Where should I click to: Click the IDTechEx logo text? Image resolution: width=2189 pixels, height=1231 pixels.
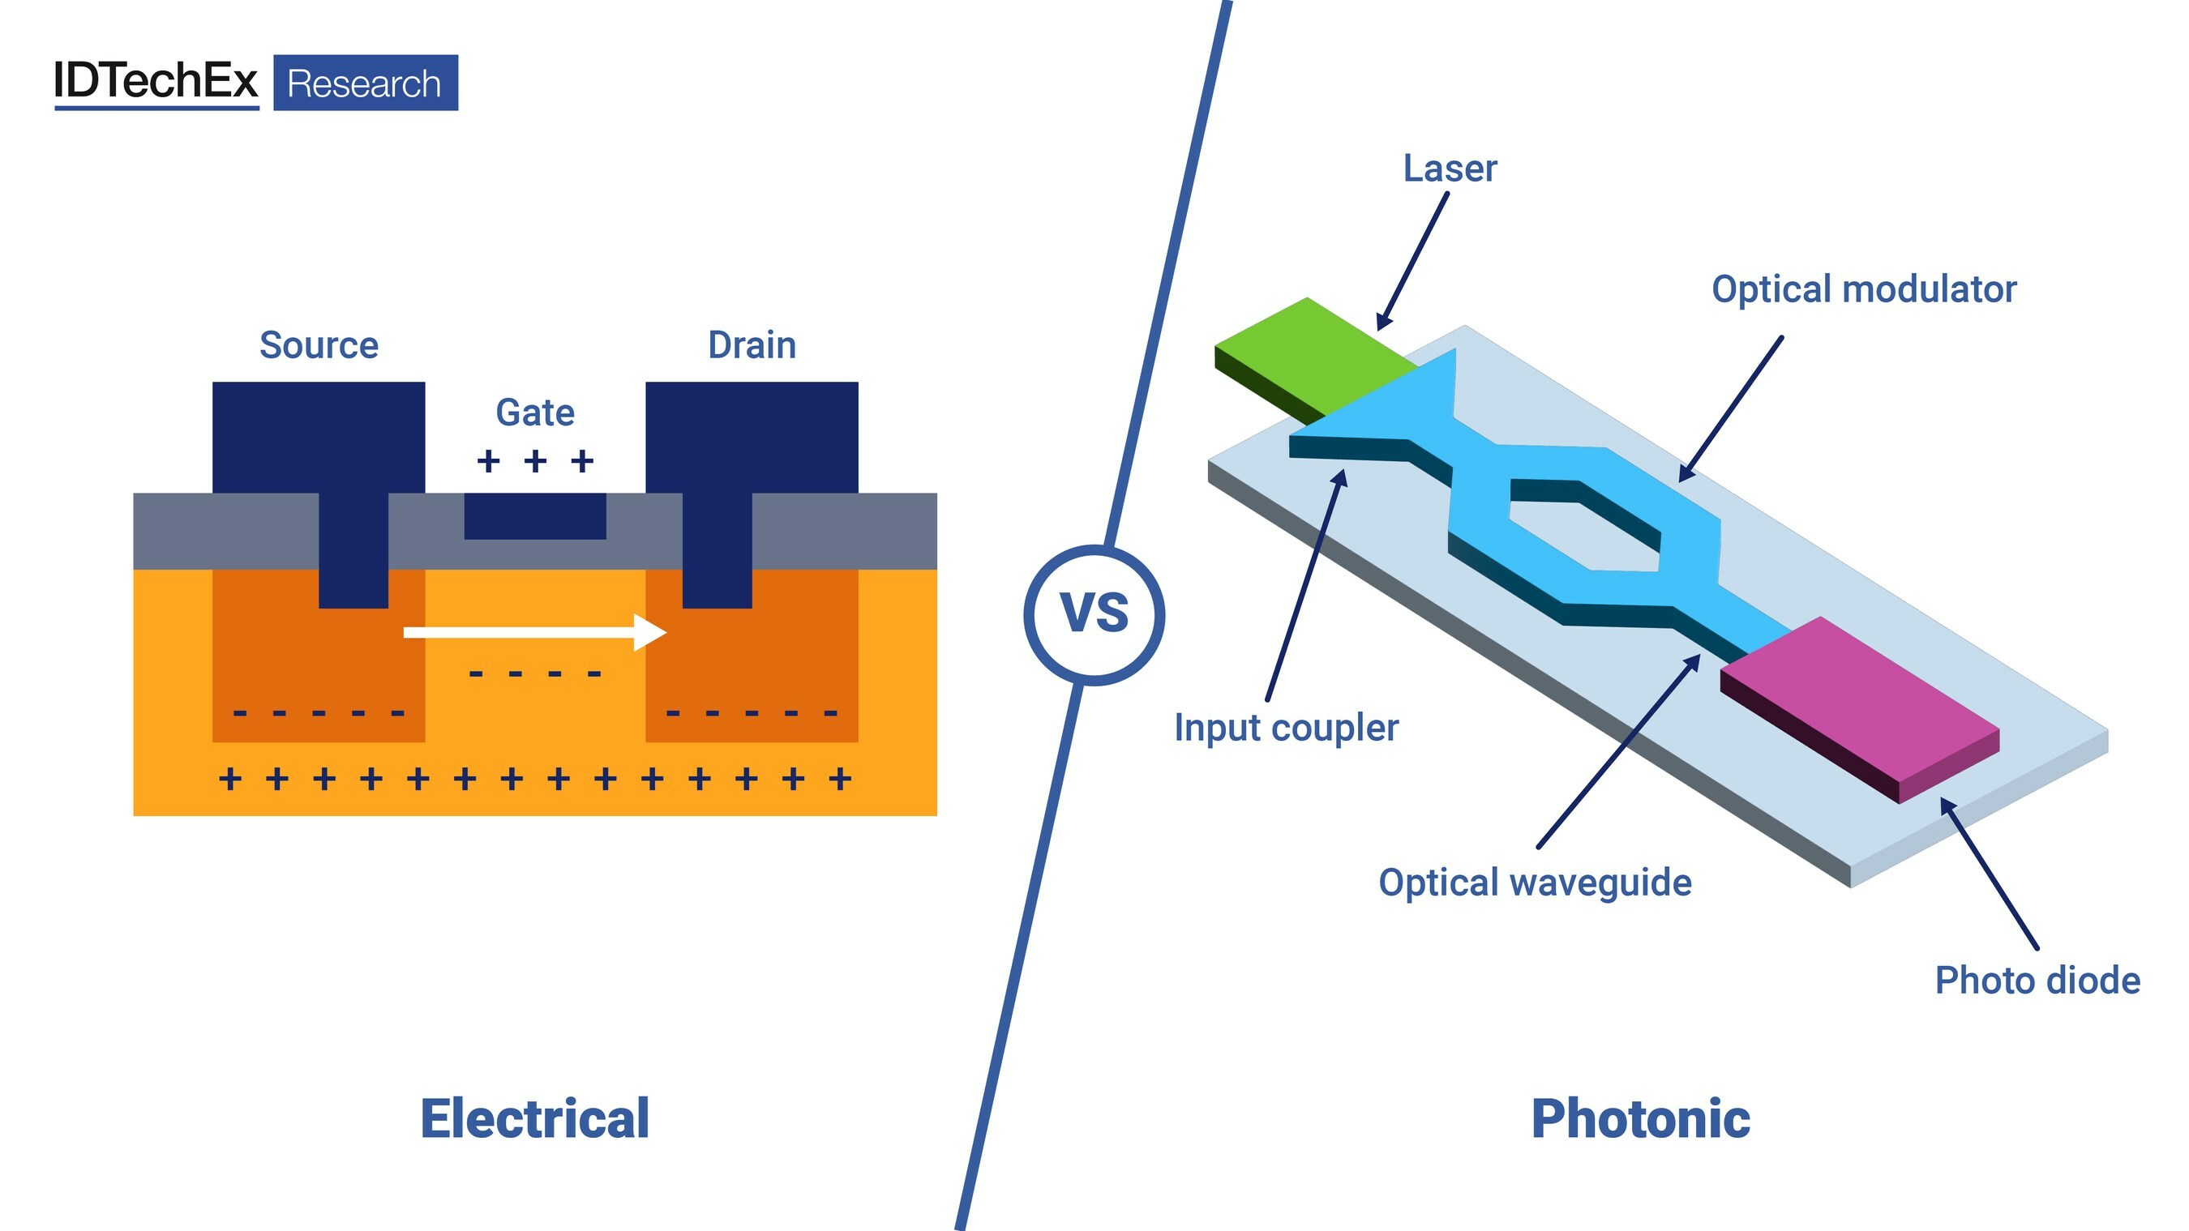point(156,82)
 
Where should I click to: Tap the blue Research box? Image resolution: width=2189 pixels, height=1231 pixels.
point(366,83)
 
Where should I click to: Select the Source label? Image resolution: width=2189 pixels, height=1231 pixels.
point(319,346)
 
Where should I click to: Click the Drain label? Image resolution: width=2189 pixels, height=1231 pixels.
point(752,346)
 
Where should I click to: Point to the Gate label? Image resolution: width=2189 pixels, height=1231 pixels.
point(534,412)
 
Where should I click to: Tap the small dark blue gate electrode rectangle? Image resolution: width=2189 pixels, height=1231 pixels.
point(534,515)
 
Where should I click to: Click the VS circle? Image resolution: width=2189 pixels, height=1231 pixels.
point(1094,614)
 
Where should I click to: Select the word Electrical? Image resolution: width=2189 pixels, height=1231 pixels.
point(534,1118)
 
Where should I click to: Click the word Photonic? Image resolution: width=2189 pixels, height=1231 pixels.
point(1640,1118)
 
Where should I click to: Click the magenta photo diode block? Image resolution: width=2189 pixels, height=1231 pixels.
point(1861,705)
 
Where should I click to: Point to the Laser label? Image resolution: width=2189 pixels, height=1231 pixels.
point(1450,169)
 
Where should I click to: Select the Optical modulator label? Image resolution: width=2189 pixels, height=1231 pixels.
point(1864,289)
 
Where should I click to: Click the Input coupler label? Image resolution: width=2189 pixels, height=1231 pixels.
point(1286,728)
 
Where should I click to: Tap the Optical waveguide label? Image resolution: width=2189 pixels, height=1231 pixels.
point(1535,883)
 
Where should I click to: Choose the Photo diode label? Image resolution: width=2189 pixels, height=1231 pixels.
point(2037,981)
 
